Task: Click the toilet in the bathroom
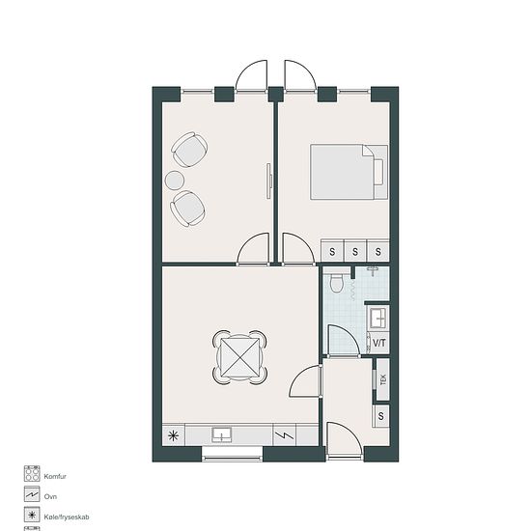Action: (337, 281)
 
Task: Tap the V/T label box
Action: (378, 343)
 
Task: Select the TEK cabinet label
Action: (383, 379)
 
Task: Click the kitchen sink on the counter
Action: (222, 434)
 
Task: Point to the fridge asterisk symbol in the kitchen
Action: (174, 435)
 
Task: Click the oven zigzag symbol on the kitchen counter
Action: (285, 435)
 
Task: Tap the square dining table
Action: (240, 357)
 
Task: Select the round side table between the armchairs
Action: (175, 181)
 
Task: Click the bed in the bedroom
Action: (349, 172)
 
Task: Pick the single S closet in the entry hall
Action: (381, 416)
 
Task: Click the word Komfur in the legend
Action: (55, 477)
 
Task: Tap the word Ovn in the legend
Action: (50, 496)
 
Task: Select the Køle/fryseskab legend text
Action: (67, 517)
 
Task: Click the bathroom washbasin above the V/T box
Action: (377, 318)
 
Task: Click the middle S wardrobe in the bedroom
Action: (355, 252)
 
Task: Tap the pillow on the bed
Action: (378, 172)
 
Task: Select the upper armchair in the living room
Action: (189, 150)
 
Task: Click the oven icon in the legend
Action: (32, 494)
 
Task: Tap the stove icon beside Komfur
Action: (32, 473)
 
